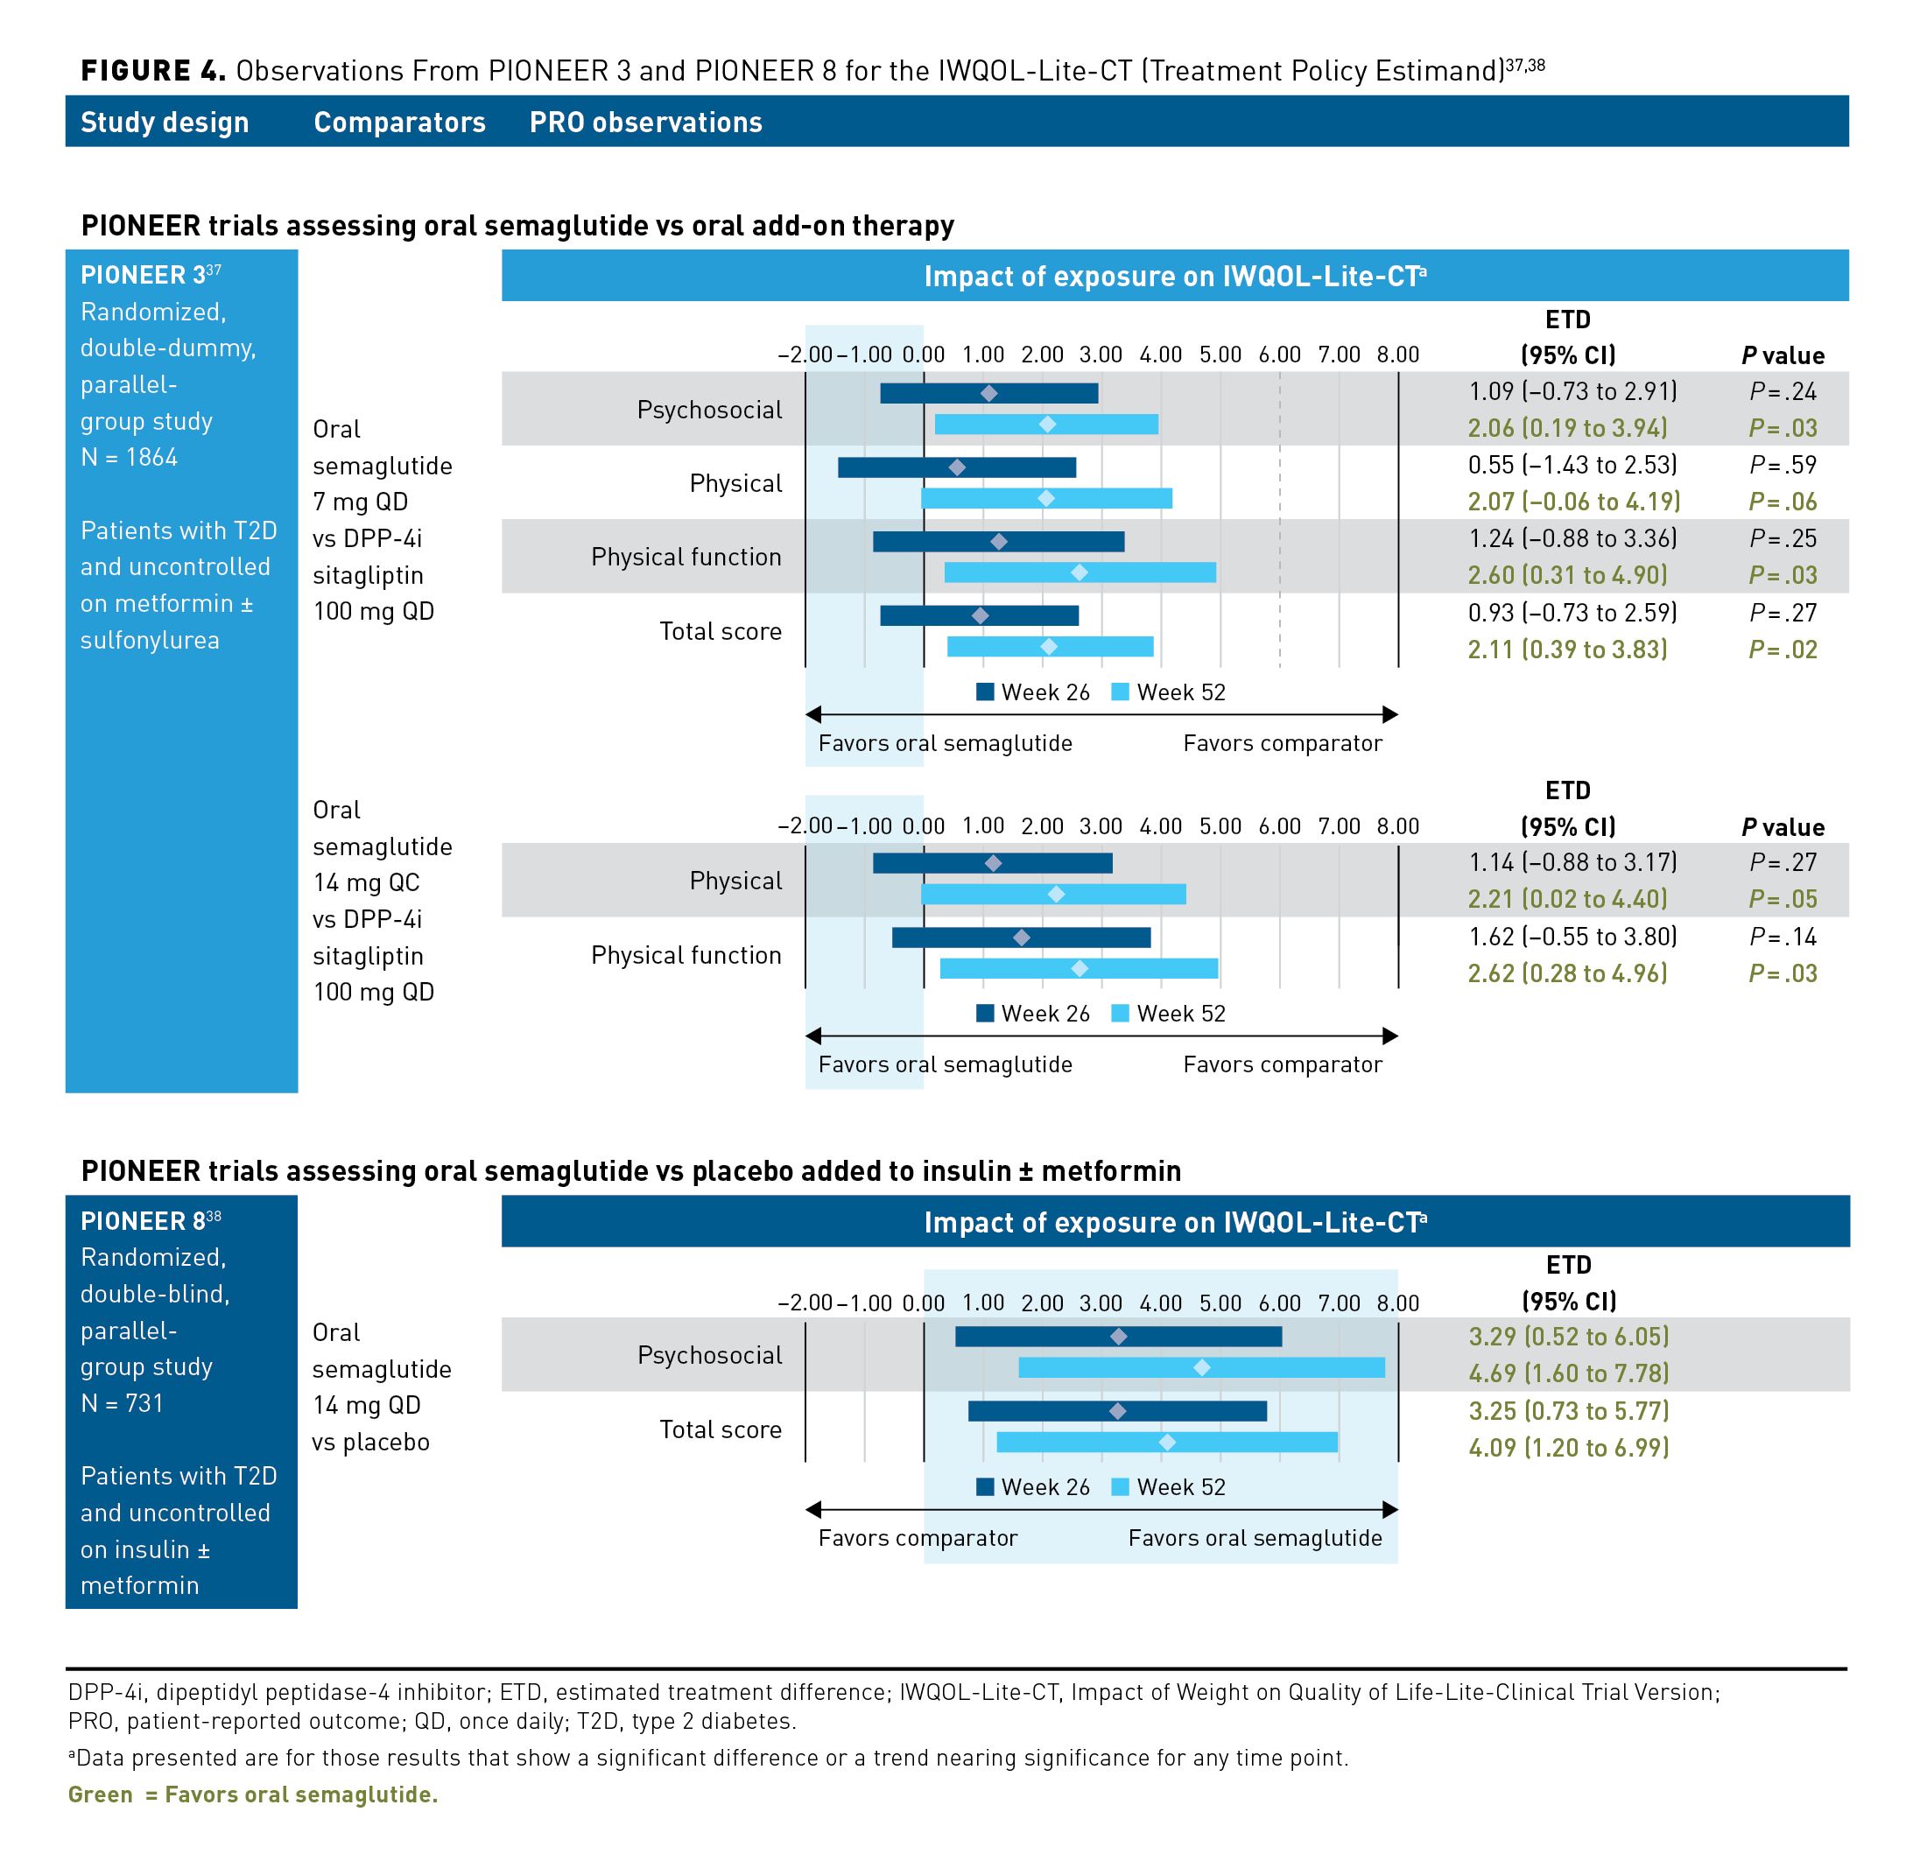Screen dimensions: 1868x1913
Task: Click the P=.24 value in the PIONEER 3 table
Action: pyautogui.click(x=1782, y=391)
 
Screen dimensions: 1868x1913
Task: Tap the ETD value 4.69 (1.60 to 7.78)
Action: pyautogui.click(x=1568, y=1373)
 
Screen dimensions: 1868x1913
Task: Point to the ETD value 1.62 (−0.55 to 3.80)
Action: pyautogui.click(x=1572, y=936)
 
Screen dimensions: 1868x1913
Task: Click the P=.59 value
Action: pyautogui.click(x=1782, y=465)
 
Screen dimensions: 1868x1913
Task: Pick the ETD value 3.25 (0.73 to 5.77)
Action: pyautogui.click(x=1568, y=1410)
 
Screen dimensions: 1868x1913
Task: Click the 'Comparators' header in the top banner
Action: pyautogui.click(x=399, y=122)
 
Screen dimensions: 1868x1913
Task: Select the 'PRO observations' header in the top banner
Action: pyautogui.click(x=645, y=122)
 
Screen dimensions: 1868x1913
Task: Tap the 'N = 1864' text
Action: pyautogui.click(x=129, y=457)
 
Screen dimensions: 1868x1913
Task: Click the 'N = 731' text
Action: pyautogui.click(x=122, y=1403)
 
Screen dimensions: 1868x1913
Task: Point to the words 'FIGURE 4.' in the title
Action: pyautogui.click(x=153, y=71)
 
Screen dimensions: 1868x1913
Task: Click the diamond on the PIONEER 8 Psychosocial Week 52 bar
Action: pyautogui.click(x=1202, y=1366)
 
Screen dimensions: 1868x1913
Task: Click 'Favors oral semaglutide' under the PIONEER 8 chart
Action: pyautogui.click(x=1254, y=1537)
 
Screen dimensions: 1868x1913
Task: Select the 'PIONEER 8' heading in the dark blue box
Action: pyautogui.click(x=144, y=1220)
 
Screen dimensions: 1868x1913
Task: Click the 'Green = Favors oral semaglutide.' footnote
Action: pyautogui.click(x=252, y=1794)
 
